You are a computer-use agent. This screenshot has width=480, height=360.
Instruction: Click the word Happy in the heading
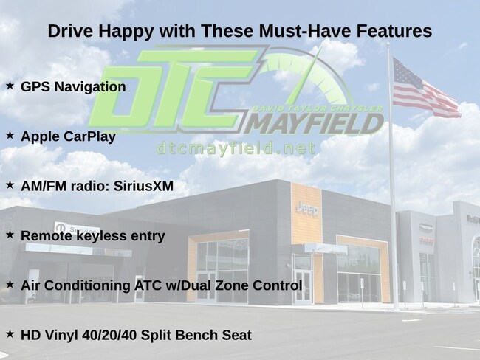pos(125,32)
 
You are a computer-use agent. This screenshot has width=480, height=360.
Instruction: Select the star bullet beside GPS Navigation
pos(10,86)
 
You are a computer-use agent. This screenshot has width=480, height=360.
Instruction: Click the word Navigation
pos(90,87)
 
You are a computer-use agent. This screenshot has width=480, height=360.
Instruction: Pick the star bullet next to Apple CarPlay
pos(10,135)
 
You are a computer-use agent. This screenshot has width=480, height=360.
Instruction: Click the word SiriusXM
pos(143,186)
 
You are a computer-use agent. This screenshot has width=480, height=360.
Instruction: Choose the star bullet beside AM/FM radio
pos(10,184)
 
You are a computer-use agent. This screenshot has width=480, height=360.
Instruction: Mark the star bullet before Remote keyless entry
pos(10,235)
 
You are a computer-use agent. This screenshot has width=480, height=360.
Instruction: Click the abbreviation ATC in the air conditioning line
pos(148,285)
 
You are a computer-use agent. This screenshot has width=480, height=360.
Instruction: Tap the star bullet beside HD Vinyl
pos(10,333)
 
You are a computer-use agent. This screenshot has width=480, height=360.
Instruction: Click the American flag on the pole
pos(425,89)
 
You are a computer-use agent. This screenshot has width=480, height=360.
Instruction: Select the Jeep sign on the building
pos(307,210)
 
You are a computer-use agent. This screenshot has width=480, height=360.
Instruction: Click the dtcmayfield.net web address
pos(236,149)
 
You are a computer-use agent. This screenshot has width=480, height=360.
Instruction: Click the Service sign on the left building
pos(78,229)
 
